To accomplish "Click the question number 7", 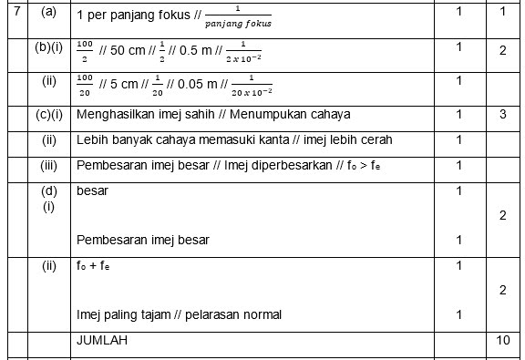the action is click(15, 12).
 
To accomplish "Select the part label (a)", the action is click(48, 12).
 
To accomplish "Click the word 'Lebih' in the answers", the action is click(92, 140).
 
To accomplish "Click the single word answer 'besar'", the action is click(93, 191).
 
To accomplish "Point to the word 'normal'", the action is click(260, 315).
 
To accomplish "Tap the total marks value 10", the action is click(503, 341).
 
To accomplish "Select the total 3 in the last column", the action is click(503, 115).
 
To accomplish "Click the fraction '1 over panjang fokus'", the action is click(238, 16).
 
